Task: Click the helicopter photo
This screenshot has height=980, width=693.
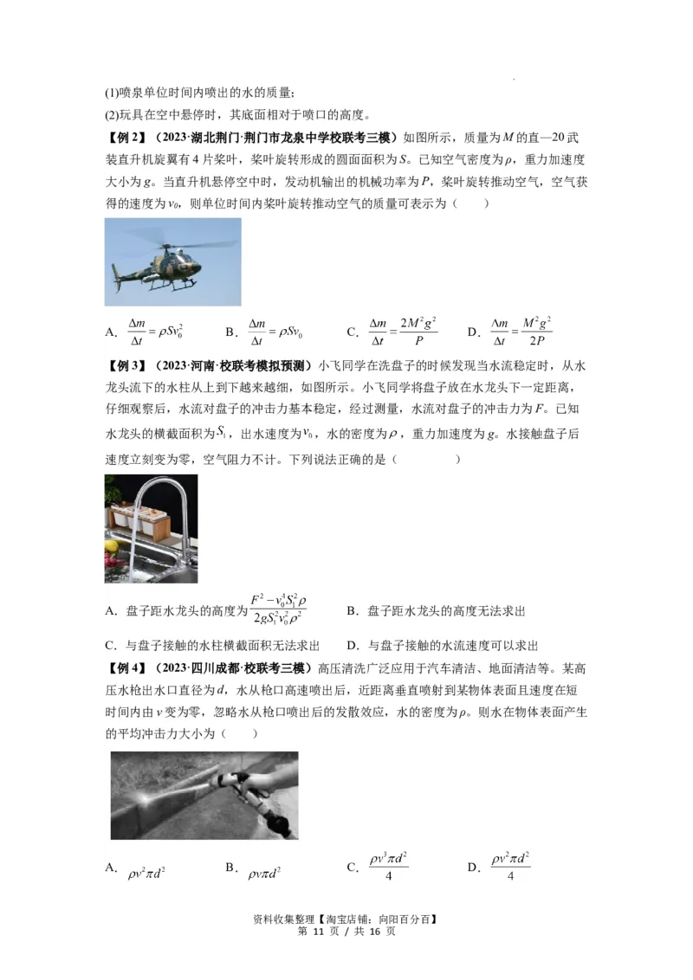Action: [172, 261]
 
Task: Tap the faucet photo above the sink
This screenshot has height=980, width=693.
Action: [151, 528]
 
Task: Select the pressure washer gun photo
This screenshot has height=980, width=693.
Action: [204, 795]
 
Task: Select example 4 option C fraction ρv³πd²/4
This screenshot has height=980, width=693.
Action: [388, 867]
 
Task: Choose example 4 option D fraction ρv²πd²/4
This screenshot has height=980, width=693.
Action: [510, 867]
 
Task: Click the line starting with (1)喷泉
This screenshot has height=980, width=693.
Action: [200, 93]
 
